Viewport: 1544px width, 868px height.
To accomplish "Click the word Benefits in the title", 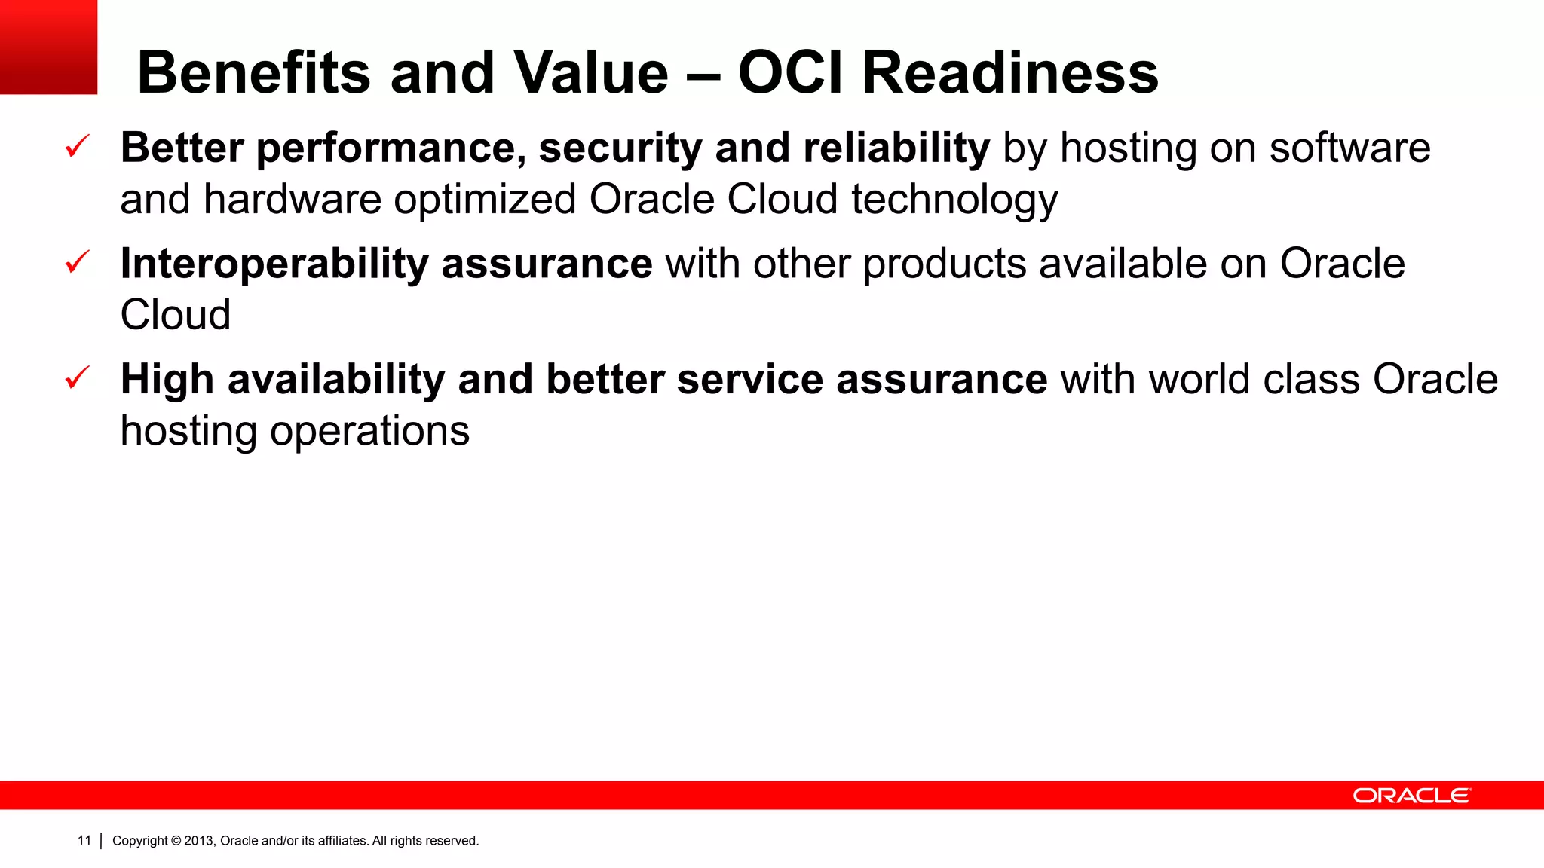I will pos(253,73).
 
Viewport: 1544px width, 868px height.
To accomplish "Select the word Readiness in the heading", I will pos(1009,73).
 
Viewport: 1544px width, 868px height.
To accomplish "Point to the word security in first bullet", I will pos(620,148).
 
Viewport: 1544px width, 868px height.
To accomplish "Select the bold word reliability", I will pos(896,148).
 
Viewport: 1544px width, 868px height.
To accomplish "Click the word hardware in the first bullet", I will pos(293,200).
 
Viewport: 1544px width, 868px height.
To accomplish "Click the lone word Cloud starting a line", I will pos(175,315).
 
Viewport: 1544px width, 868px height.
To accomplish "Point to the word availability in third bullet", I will pos(336,380).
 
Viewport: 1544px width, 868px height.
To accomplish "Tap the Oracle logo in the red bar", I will pos(1411,796).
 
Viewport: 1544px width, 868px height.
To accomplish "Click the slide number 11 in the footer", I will pos(84,840).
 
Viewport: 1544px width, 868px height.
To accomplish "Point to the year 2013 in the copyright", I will pos(199,841).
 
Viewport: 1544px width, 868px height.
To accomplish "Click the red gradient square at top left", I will pos(48,47).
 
